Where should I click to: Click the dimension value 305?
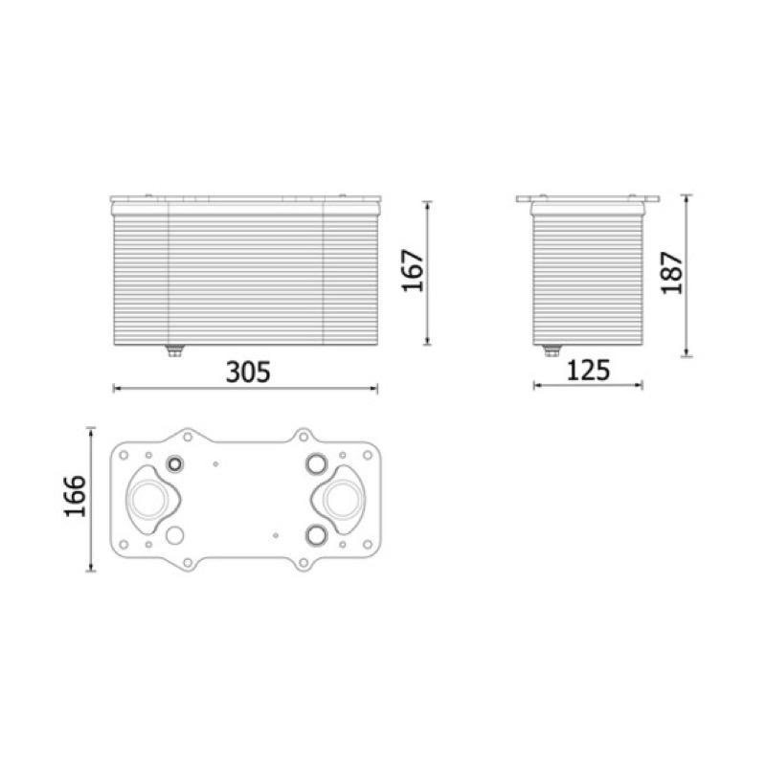248,372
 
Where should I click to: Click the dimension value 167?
413,271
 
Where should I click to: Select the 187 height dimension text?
672,273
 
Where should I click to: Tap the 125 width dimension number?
588,371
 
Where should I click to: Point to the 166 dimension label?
76,495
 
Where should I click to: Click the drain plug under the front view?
174,350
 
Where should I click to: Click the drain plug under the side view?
552,350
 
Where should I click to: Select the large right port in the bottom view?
344,499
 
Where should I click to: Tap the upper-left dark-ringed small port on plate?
175,463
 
